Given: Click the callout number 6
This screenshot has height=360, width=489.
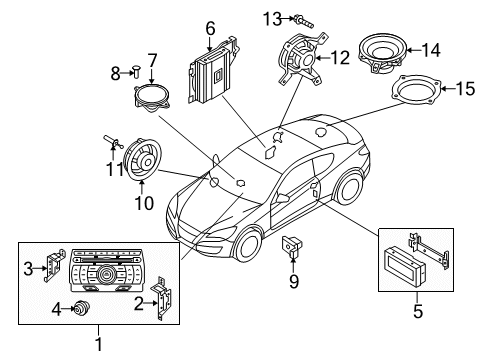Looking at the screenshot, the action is pyautogui.click(x=210, y=29).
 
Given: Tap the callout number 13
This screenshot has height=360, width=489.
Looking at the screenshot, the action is pyautogui.click(x=272, y=19).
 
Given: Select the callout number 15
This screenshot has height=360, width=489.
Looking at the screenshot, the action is pyautogui.click(x=465, y=89).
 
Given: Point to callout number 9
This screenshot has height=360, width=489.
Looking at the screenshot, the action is pyautogui.click(x=293, y=282).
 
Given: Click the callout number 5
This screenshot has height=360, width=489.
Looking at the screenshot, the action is pyautogui.click(x=418, y=311).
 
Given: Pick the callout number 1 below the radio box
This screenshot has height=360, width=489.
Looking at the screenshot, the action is pyautogui.click(x=99, y=343).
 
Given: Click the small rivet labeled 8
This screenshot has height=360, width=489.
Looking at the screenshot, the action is pyautogui.click(x=136, y=72).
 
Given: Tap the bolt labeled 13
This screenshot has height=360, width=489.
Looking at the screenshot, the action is pyautogui.click(x=304, y=21).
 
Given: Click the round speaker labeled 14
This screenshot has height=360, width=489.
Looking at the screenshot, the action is pyautogui.click(x=383, y=53).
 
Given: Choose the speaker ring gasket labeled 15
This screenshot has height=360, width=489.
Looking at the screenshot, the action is pyautogui.click(x=416, y=90).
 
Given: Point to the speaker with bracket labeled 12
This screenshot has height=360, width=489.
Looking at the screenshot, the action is pyautogui.click(x=301, y=59).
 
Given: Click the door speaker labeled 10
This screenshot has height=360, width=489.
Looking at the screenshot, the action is pyautogui.click(x=142, y=160).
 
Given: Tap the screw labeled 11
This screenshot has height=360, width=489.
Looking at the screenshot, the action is pyautogui.click(x=113, y=142).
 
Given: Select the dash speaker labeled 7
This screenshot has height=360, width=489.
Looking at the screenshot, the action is pyautogui.click(x=152, y=97).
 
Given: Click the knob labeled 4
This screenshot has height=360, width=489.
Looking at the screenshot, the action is pyautogui.click(x=80, y=308).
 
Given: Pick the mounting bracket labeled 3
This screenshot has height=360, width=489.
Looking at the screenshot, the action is pyautogui.click(x=53, y=265).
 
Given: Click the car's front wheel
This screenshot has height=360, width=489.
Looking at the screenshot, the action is pyautogui.click(x=248, y=244).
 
